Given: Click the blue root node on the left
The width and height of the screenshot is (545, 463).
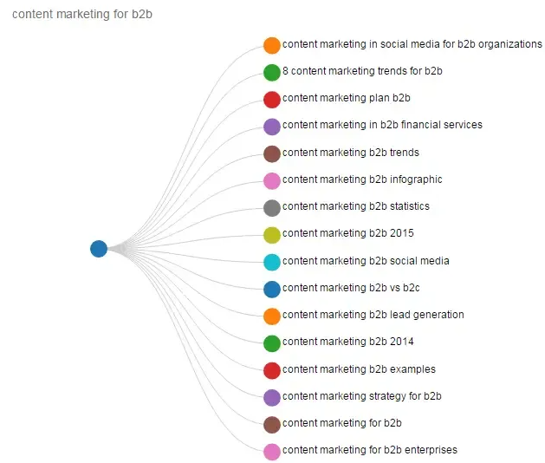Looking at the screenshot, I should point(99,249).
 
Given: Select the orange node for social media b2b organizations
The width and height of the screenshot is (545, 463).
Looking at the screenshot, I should point(272,45).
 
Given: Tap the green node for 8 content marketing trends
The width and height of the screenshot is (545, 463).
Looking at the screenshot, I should point(272,72).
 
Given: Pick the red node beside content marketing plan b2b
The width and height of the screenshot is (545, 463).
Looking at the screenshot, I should point(272,99).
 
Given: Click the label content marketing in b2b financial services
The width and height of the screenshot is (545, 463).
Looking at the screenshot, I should point(382,125).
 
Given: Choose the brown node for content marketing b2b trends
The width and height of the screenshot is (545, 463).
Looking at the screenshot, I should point(272,153).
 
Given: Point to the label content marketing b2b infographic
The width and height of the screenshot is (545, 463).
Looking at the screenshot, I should point(362,179).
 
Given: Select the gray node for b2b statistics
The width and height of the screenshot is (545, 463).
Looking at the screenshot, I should point(272,207).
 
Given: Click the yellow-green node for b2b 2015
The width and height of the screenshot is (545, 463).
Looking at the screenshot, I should point(272,234).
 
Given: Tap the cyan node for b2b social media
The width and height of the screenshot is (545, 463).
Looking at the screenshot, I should point(272,261).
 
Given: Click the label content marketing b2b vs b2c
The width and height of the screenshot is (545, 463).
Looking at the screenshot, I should point(351,288).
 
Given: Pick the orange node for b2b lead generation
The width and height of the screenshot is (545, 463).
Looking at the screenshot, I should point(272,316).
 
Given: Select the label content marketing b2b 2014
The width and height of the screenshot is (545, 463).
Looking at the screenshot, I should point(348,342).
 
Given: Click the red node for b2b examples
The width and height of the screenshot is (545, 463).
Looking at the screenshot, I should point(272,370).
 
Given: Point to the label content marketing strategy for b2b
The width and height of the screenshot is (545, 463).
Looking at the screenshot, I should point(362,396).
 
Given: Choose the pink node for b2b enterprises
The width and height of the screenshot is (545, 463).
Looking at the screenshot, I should point(272,451).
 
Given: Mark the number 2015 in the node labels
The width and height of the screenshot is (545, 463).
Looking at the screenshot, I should point(402,233).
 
